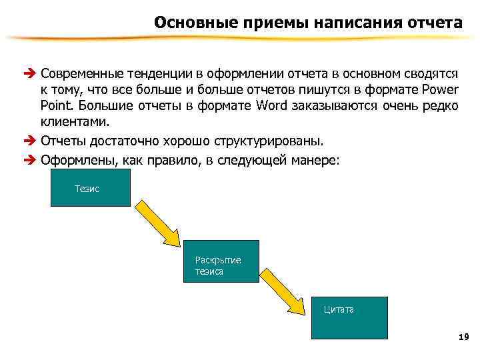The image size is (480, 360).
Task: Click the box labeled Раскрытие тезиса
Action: pos(221,260)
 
